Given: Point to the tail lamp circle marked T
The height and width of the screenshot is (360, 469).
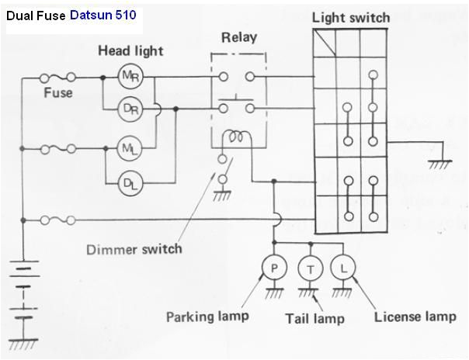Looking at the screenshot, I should (x=311, y=268).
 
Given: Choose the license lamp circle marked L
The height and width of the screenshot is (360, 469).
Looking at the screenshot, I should (x=342, y=268).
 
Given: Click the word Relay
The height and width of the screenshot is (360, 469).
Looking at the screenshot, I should (x=238, y=36).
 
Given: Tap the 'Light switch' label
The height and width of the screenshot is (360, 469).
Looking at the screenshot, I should (x=350, y=17).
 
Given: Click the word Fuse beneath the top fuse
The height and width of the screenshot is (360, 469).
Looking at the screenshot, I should (x=57, y=92).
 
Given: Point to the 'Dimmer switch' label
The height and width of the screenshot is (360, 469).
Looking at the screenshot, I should (x=134, y=249).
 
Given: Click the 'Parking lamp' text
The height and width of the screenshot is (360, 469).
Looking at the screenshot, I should (x=207, y=316).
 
